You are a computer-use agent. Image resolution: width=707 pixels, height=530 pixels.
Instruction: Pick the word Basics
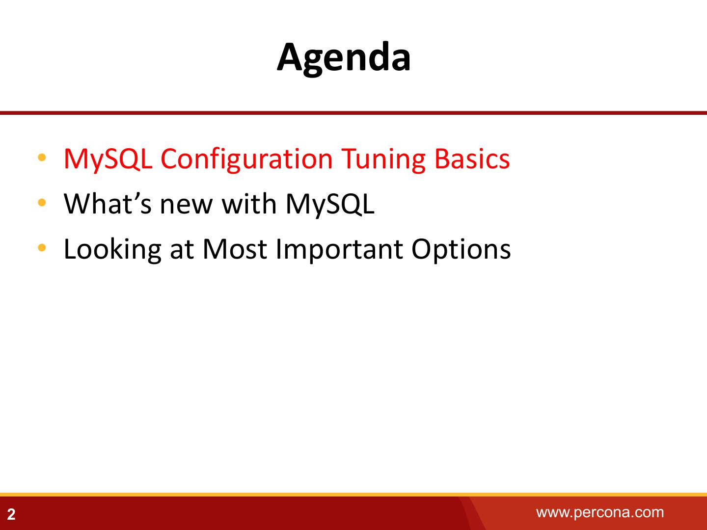tap(472, 159)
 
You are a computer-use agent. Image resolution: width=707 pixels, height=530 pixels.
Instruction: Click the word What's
tap(108, 204)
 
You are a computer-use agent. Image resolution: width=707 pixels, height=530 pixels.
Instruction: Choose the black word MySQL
tap(330, 205)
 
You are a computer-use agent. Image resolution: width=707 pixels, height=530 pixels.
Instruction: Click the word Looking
tap(112, 250)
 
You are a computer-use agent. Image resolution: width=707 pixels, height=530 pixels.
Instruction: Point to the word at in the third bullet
tap(182, 251)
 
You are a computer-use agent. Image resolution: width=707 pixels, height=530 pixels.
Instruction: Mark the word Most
tap(235, 249)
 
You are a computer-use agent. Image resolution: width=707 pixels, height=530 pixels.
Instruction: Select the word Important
tap(339, 250)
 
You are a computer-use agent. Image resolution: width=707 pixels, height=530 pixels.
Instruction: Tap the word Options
tap(461, 250)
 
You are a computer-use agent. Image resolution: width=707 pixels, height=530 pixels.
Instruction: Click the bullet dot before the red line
tap(42, 158)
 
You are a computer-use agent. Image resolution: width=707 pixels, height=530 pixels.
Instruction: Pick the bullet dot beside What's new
tap(42, 202)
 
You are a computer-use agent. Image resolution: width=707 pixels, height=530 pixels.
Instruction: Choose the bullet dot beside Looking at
tap(42, 247)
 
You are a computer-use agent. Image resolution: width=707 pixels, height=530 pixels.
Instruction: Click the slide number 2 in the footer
tap(11, 514)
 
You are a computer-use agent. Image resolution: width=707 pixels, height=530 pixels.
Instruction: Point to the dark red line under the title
tap(353, 113)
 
